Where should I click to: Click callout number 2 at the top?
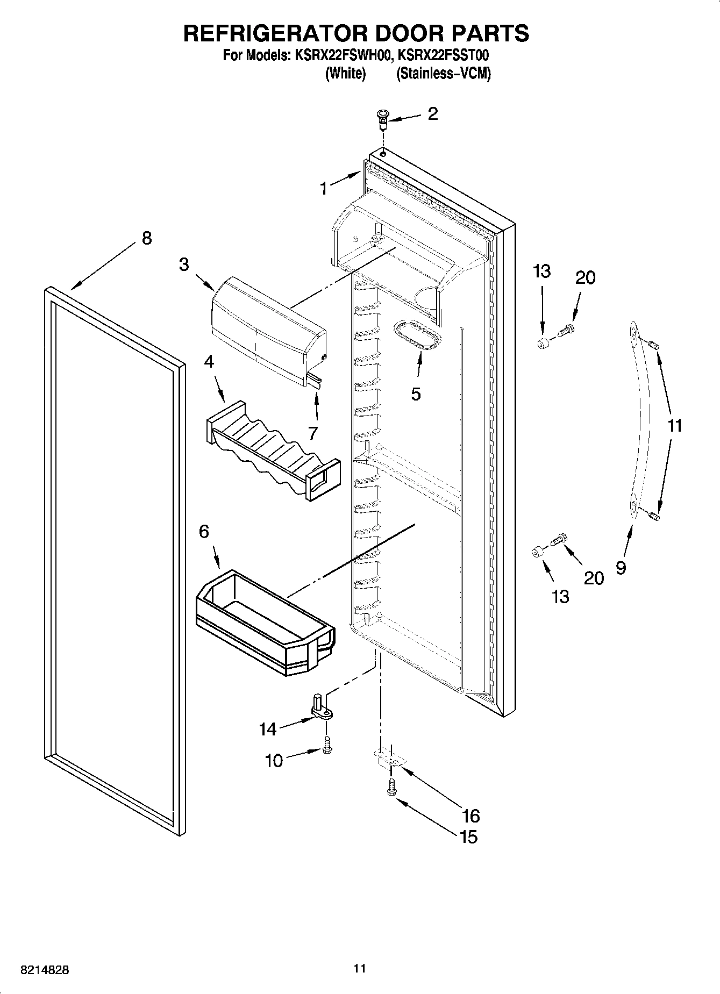tap(432, 114)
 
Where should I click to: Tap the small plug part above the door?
tap(382, 118)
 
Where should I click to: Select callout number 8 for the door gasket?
tap(146, 238)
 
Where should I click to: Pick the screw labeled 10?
tap(327, 745)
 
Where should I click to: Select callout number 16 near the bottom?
tap(470, 816)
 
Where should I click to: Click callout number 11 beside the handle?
tap(674, 426)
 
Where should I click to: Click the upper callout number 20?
tap(585, 278)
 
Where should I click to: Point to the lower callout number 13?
tap(560, 596)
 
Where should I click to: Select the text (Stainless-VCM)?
tap(443, 74)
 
